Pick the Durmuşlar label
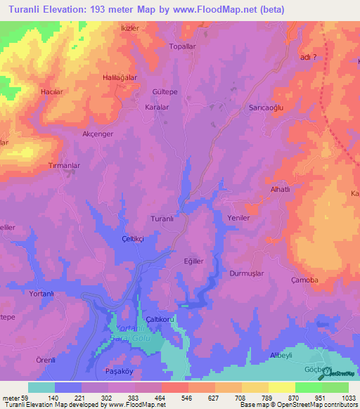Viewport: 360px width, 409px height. click(246, 273)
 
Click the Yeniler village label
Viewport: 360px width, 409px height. click(239, 218)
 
